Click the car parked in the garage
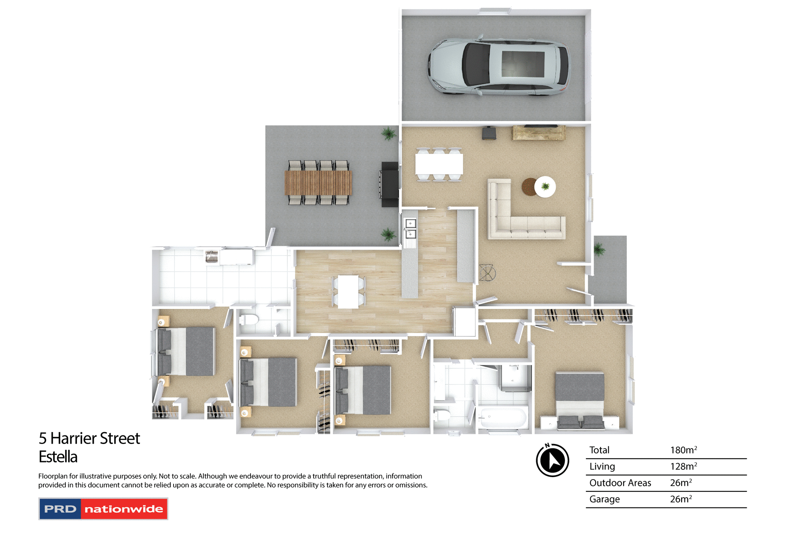point(499,67)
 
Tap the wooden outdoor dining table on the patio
point(318,183)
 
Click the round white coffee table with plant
point(545,187)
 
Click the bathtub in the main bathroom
point(503,418)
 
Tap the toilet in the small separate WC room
point(248,319)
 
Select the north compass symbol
point(552,460)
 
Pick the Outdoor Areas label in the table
point(620,483)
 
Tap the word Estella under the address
point(58,457)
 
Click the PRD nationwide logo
point(103,509)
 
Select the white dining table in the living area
point(439,164)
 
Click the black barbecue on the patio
point(389,184)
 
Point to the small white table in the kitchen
point(348,291)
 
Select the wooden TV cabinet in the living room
point(538,133)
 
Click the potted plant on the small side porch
point(599,249)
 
